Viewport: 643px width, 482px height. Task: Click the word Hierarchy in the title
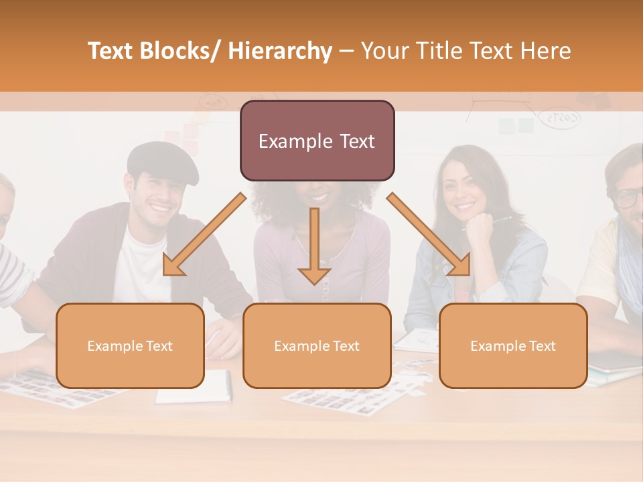tap(280, 52)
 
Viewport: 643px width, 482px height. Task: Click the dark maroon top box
tap(317, 141)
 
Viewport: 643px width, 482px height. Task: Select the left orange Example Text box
tap(130, 345)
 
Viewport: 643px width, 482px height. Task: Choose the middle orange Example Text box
tap(317, 345)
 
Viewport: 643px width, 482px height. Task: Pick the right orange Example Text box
tap(513, 345)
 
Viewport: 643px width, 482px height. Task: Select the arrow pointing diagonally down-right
tap(429, 235)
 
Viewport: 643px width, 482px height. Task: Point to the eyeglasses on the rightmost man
tap(629, 197)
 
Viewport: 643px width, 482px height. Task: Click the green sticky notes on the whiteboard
tap(516, 125)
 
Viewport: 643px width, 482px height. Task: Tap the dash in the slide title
tap(346, 52)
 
